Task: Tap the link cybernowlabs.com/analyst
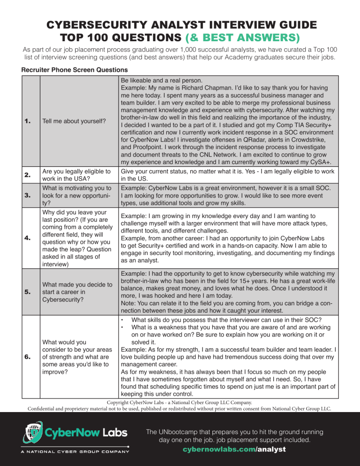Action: (234, 449)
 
